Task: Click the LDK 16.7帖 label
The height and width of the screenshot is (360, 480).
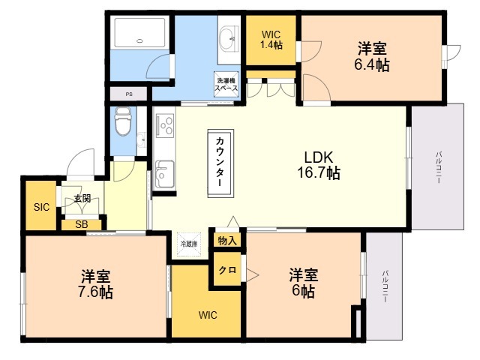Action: pos(319,165)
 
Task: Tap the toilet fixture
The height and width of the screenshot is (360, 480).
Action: pos(123,121)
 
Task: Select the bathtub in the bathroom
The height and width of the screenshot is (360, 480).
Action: pos(140,33)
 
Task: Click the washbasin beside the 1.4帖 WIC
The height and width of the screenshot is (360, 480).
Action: pos(229,39)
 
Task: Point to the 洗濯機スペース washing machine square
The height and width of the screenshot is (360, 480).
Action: pos(226,84)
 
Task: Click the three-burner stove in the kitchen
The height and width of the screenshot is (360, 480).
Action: pos(165,125)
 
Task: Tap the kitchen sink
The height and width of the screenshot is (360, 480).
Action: pos(164,174)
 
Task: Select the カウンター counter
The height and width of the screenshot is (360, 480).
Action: pos(220,163)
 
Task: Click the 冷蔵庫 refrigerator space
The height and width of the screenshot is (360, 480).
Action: pos(189,244)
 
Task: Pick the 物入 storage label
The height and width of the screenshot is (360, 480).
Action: pos(227,241)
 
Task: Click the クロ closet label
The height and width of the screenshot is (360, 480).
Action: pos(227,270)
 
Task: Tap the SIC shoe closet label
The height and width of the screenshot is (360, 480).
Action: pos(42,207)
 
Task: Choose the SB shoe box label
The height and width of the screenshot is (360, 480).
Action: pos(82,225)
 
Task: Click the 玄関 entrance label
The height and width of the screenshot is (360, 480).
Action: pos(82,198)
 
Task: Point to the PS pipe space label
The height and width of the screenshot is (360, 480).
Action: pos(129,94)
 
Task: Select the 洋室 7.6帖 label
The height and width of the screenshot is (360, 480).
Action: pos(96,283)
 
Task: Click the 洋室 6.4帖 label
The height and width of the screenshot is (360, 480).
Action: pos(372,56)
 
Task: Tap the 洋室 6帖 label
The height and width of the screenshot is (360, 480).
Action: pos(304,283)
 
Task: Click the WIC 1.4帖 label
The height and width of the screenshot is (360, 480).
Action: pos(271,40)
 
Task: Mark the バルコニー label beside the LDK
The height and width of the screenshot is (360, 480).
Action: pos(438,167)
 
